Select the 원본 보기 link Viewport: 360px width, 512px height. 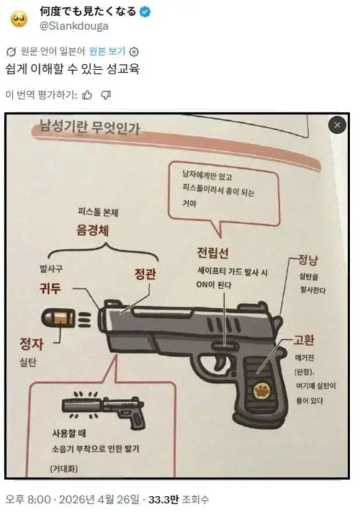pyautogui.click(x=107, y=51)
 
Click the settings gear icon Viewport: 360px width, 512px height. pyautogui.click(x=134, y=51)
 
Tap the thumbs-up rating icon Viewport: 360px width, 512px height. pyautogui.click(x=87, y=94)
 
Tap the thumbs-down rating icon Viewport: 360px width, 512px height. pyautogui.click(x=106, y=94)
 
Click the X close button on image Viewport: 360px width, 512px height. pyautogui.click(x=337, y=125)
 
